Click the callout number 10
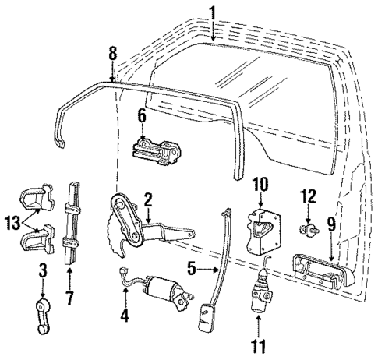coord(261,185)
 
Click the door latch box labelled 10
coord(262,228)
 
